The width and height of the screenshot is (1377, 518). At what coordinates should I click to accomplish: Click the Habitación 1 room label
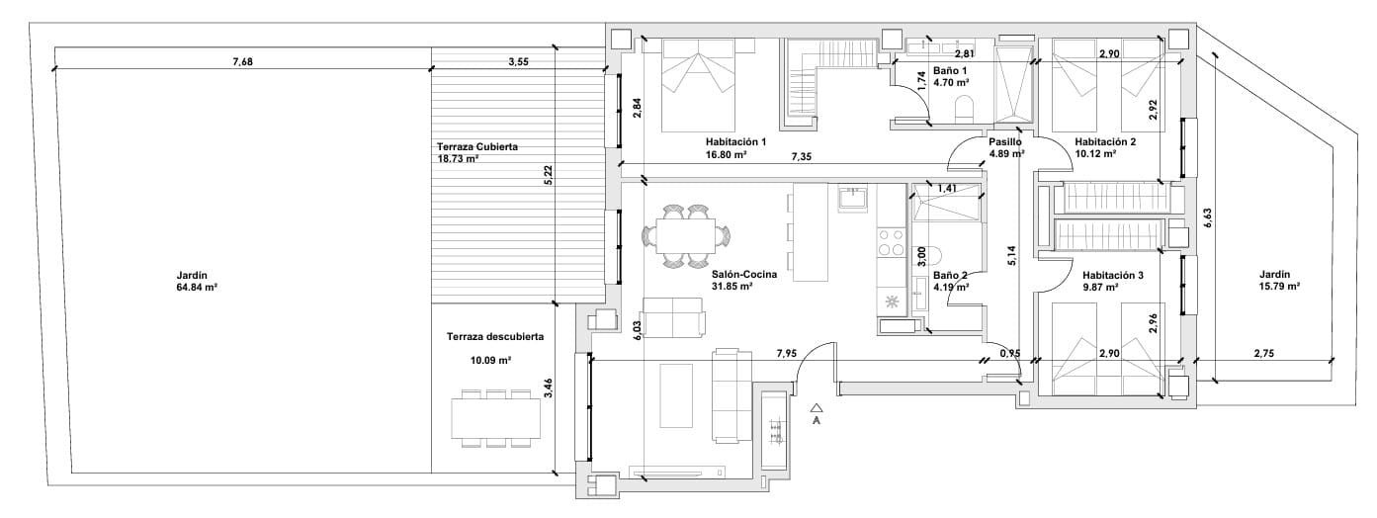pos(735,142)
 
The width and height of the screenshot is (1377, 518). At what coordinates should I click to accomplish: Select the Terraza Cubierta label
pos(477,147)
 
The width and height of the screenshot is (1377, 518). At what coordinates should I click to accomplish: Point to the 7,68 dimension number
pos(242,61)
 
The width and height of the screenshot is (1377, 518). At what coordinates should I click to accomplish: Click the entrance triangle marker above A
pos(817,406)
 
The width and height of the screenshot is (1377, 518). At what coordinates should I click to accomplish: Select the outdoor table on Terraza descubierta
pos(495,418)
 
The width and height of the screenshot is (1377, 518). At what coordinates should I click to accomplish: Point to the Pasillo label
pos(1005,142)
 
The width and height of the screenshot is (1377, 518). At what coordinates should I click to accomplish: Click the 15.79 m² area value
pos(1279,287)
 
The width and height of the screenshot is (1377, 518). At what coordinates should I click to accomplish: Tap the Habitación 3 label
pos(1113,275)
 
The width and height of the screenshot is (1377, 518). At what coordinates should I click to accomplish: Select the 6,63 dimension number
pos(1207,218)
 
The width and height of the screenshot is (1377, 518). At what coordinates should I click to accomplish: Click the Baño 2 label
pos(950,275)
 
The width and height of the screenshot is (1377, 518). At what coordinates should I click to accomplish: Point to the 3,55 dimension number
pos(518,61)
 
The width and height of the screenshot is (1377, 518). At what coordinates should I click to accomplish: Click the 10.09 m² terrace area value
pos(491,361)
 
